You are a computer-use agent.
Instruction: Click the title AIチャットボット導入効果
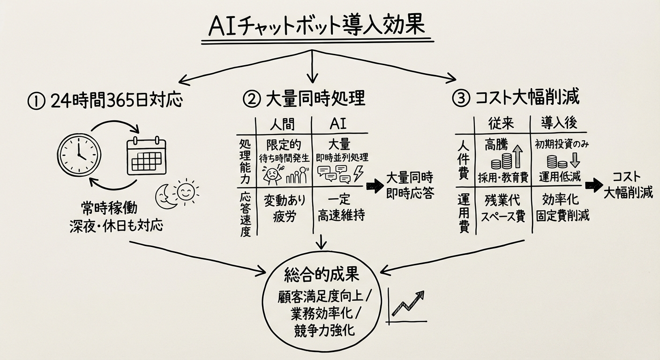tap(314, 27)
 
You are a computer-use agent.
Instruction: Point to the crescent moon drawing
tap(165, 197)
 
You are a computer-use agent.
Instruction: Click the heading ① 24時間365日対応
tap(105, 100)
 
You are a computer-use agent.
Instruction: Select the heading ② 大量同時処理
tap(304, 99)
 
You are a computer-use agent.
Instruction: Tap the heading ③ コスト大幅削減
tap(516, 98)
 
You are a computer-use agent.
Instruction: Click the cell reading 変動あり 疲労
tap(285, 208)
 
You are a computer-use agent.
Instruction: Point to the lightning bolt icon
tap(358, 173)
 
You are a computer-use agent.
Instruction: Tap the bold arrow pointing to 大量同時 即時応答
tap(375, 187)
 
